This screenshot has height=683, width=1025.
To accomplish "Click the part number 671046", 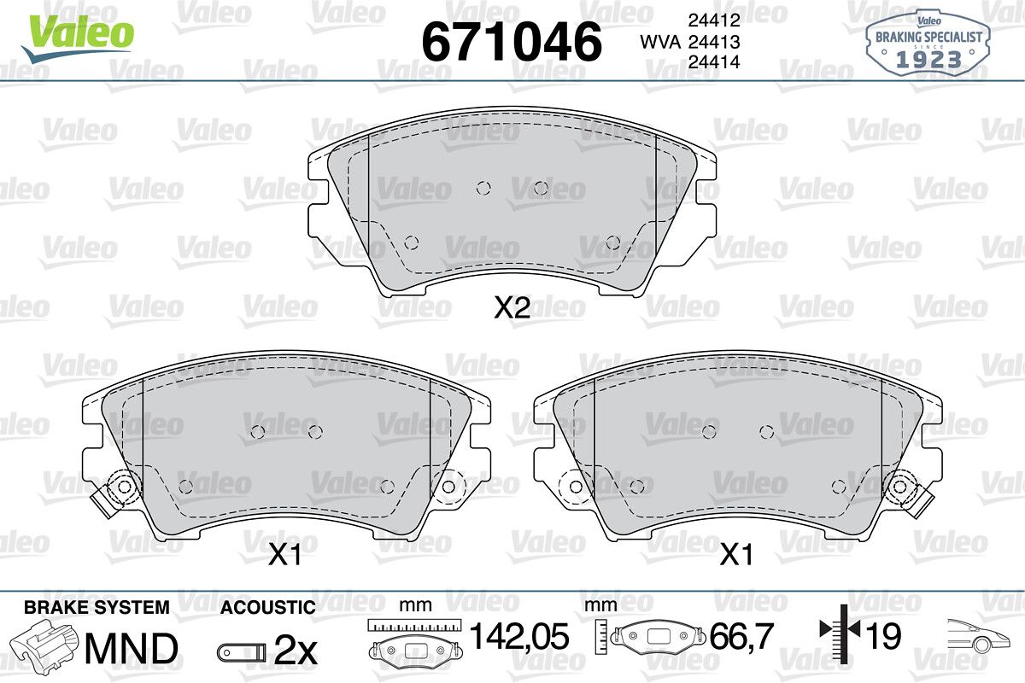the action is (511, 41).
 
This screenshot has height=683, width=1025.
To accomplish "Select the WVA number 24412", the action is (714, 20).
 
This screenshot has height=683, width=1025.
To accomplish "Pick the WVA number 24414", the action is (714, 61).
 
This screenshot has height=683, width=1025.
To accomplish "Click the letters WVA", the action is (660, 42).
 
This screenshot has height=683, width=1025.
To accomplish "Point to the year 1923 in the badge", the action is (928, 60).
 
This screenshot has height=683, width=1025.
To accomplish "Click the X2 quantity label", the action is (512, 307).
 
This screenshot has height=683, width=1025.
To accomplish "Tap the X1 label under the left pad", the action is (284, 555).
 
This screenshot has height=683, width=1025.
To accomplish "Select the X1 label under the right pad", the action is (736, 555).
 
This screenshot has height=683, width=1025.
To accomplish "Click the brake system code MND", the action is (132, 649).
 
